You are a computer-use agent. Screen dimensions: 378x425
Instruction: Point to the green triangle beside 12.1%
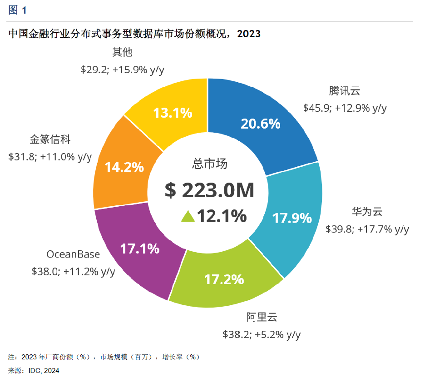(x=188, y=217)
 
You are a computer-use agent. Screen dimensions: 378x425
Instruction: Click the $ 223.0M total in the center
(x=209, y=191)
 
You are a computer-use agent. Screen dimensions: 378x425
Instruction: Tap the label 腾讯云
(x=345, y=90)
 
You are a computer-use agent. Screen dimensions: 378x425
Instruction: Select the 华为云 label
(x=367, y=211)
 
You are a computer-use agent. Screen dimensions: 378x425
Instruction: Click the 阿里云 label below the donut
(x=262, y=317)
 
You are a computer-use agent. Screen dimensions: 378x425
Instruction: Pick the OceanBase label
(x=73, y=254)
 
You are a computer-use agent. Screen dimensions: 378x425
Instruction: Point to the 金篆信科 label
(x=50, y=139)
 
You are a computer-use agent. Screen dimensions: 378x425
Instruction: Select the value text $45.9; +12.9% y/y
(x=345, y=108)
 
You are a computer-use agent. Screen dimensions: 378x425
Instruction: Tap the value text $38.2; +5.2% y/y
(x=262, y=335)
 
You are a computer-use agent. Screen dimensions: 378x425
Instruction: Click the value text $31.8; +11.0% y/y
(x=50, y=157)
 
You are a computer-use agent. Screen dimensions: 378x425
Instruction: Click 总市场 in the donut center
(x=209, y=164)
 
